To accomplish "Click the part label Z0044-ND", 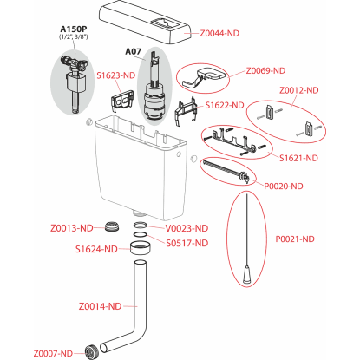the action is tap(219, 33).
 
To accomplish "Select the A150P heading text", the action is tap(74, 29).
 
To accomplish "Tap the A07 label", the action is tap(133, 51).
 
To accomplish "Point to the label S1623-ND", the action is tap(116, 75).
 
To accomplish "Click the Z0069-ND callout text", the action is tap(265, 71).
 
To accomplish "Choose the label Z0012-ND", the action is tap(299, 90).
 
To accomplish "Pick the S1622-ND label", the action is tap(225, 105).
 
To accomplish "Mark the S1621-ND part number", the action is tap(298, 158).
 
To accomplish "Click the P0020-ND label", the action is tap(284, 186).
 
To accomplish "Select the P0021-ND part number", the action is tap(295, 239).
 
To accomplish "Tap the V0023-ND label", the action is tap(187, 228).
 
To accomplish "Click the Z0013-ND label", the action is tap(72, 228).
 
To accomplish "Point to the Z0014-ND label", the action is tap(100, 306).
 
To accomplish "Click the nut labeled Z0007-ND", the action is tap(92, 352).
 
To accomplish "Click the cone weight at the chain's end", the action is tap(246, 275).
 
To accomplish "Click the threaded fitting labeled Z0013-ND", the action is tap(112, 226).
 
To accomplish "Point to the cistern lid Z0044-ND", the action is tap(146, 23).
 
